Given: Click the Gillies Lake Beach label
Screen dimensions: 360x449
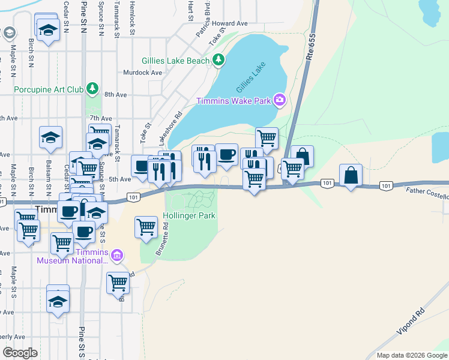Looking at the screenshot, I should click(x=175, y=61).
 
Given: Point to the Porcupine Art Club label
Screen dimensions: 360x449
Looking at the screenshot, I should click(x=49, y=90).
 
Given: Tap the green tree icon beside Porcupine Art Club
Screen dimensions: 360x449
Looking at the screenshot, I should click(x=92, y=89).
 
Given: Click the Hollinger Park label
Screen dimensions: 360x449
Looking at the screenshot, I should click(x=189, y=215).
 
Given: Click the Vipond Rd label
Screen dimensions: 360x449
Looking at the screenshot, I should click(x=411, y=322).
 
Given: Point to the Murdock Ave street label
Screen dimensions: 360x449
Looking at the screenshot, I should click(x=142, y=73).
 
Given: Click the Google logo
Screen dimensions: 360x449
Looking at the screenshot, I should click(x=20, y=353).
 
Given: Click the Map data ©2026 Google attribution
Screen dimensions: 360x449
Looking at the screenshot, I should click(x=411, y=355).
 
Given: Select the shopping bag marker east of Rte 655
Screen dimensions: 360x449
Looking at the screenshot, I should click(x=351, y=176).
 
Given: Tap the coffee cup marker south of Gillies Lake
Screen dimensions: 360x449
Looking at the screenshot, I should click(x=226, y=155).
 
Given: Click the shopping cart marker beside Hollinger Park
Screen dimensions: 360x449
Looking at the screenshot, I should click(x=146, y=227).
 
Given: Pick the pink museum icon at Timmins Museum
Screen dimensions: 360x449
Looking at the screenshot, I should click(x=117, y=256).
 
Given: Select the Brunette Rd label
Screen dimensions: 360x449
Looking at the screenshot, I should click(x=162, y=239).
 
